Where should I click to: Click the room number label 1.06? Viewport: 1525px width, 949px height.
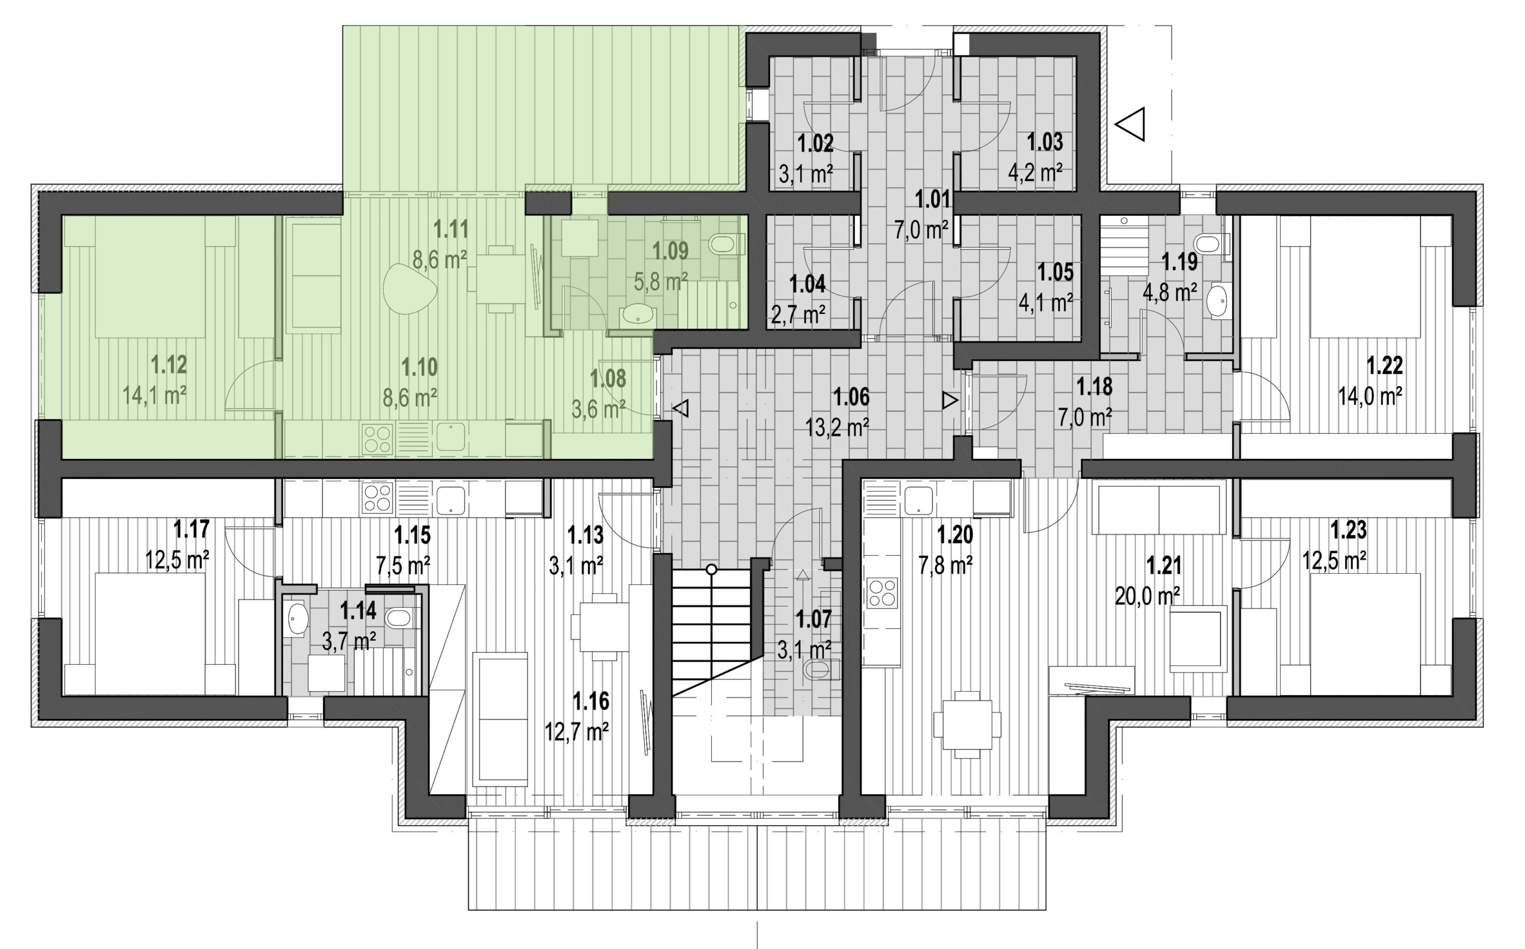tap(852, 397)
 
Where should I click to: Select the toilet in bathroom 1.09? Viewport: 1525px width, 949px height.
tap(725, 244)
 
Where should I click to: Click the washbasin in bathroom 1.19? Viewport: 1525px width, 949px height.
tap(1218, 303)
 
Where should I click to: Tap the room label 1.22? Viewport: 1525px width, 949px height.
tap(1385, 365)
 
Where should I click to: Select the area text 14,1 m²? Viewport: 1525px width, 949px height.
tap(154, 396)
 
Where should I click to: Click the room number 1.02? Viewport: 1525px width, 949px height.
tap(815, 144)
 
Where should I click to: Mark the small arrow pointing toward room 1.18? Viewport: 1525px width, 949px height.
tap(950, 401)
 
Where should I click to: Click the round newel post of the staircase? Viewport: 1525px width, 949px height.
tap(711, 570)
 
